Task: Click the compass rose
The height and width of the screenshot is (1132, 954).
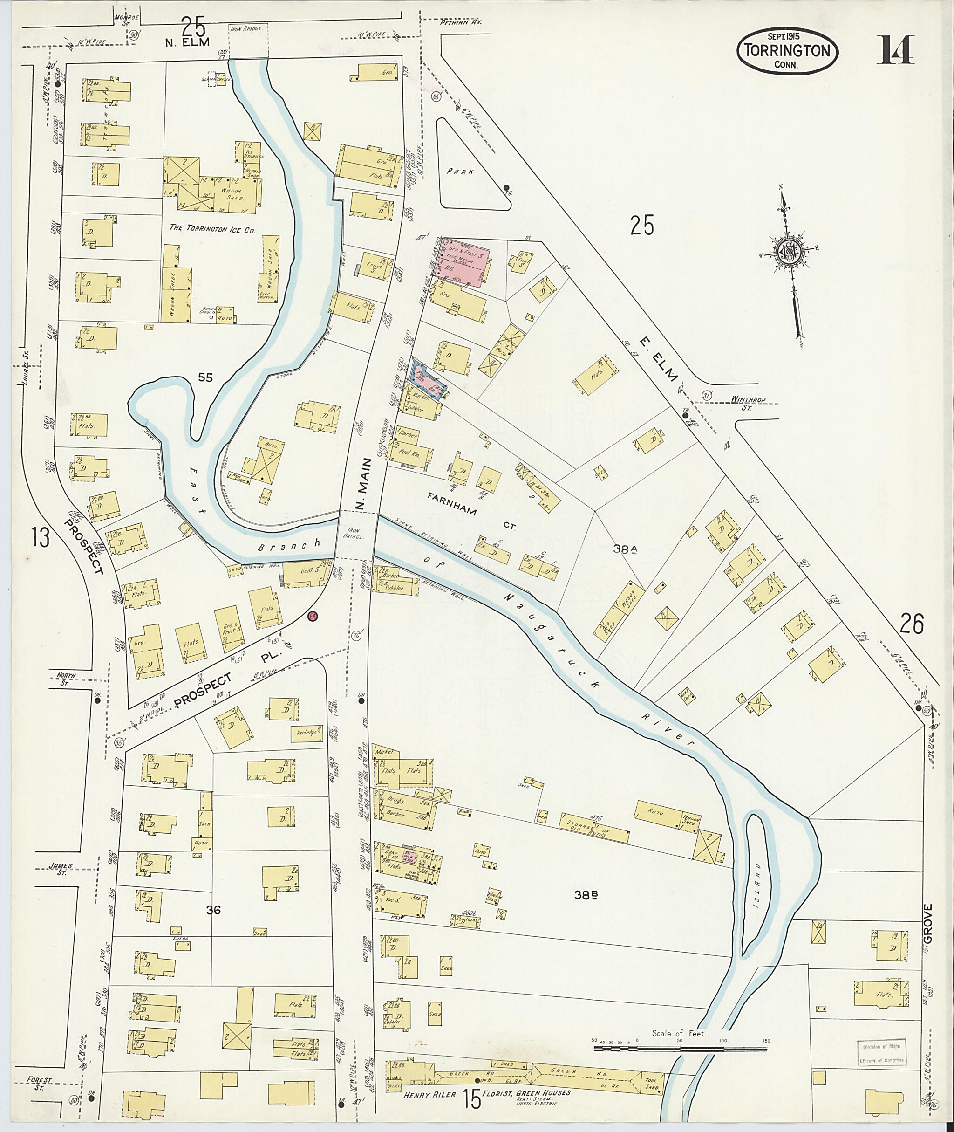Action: tap(789, 252)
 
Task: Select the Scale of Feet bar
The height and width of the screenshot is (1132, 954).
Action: tap(681, 1049)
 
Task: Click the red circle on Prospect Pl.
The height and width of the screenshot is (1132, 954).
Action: tap(312, 616)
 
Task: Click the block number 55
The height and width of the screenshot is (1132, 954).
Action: tap(205, 377)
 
